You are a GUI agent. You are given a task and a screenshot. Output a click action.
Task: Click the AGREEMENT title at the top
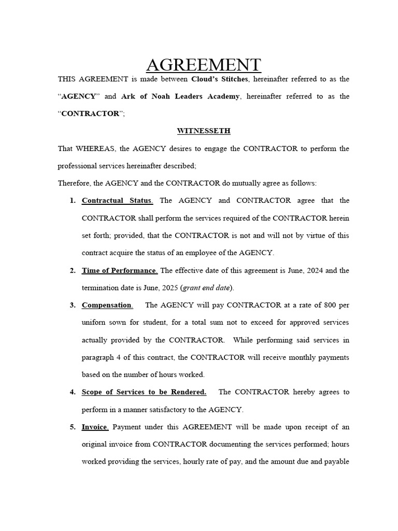203,65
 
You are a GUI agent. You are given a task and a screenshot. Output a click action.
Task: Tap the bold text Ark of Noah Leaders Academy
180,96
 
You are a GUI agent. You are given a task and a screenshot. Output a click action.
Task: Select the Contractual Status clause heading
117,201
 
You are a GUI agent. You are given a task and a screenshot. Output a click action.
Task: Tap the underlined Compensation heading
107,305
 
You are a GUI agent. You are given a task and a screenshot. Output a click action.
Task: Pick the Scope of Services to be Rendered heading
144,392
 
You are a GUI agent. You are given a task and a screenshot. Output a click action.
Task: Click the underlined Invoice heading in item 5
95,427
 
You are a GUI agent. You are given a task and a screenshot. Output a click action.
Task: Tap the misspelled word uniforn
95,323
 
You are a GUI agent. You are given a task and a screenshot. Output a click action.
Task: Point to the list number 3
72,305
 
